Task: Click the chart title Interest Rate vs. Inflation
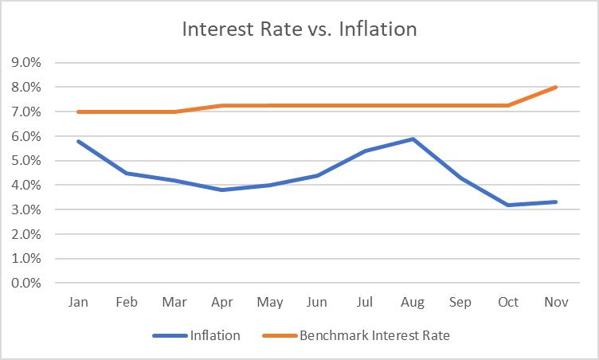tap(299, 29)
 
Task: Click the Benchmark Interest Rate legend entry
tap(374, 335)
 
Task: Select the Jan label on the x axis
tap(79, 303)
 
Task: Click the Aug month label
tap(413, 303)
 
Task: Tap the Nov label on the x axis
tap(556, 303)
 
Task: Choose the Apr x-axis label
tap(222, 303)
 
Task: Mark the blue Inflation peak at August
tap(413, 139)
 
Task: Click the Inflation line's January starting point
tap(79, 141)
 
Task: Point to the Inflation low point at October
tap(508, 205)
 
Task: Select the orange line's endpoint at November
tap(556, 87)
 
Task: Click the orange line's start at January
tap(79, 112)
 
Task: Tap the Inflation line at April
tap(222, 190)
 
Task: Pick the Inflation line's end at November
tap(556, 202)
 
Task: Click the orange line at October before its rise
tap(508, 105)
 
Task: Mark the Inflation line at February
tap(127, 173)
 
